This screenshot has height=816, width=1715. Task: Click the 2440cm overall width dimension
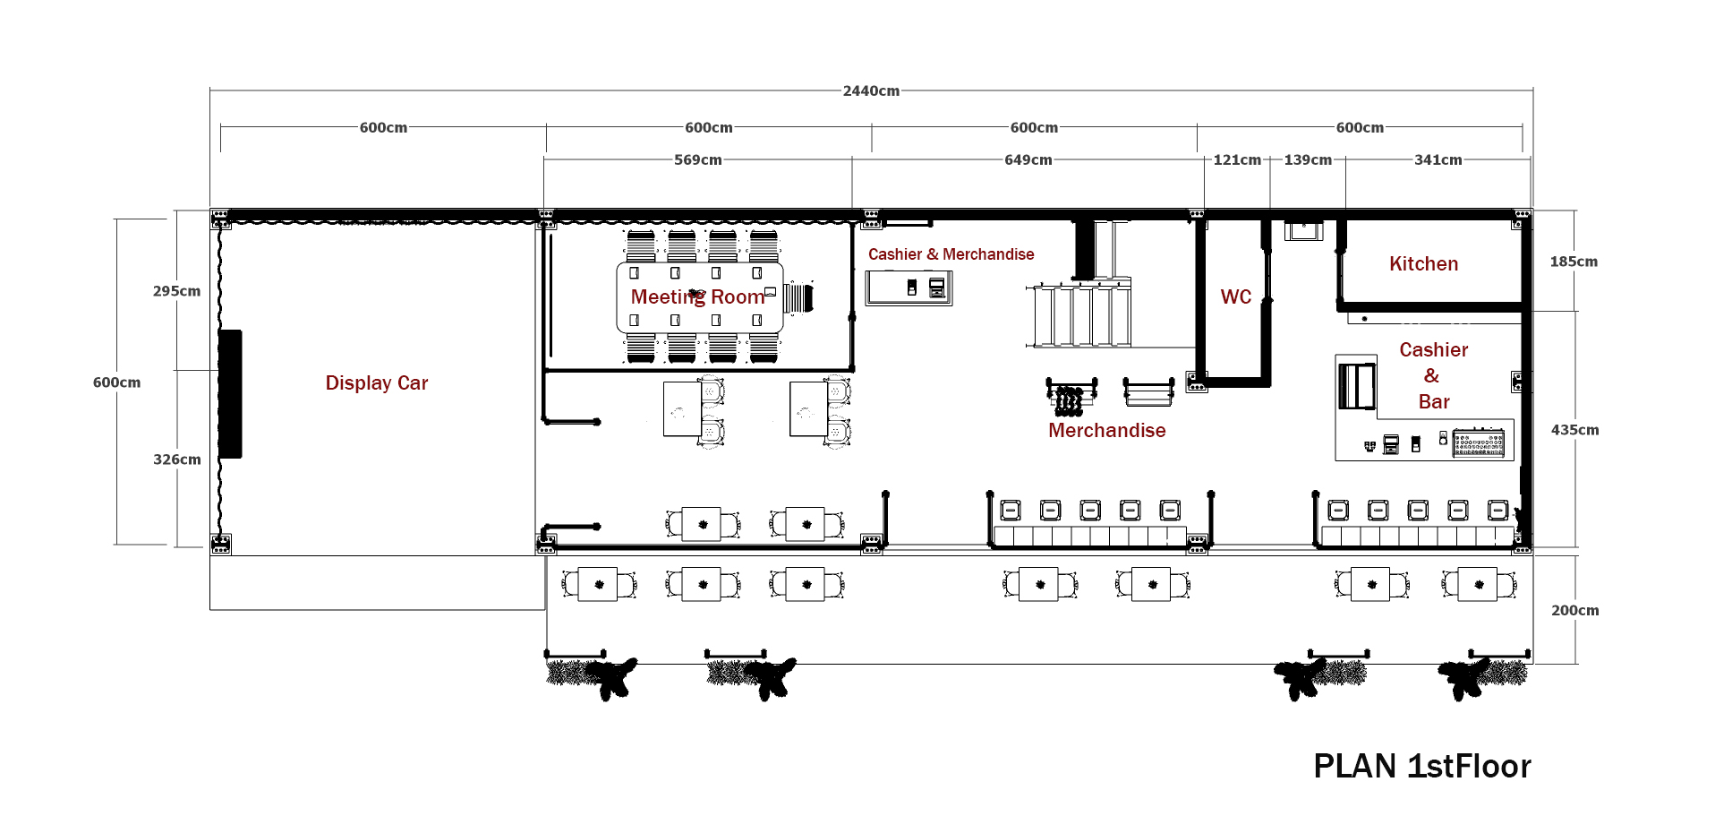[871, 91]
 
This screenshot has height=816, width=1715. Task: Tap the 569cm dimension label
[697, 160]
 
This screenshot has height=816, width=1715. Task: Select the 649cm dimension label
[1028, 160]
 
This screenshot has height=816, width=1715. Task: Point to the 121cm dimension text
[1236, 160]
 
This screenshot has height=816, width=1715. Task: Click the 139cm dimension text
[1307, 160]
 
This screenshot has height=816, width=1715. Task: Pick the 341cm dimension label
[1438, 160]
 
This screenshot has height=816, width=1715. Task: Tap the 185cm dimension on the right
[1573, 262]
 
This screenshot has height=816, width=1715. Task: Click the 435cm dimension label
[1574, 430]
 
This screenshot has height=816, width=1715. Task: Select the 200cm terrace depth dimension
[1574, 611]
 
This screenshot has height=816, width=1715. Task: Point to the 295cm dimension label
[176, 291]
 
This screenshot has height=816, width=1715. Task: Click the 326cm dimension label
[176, 460]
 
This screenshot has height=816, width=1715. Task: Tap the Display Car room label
[376, 383]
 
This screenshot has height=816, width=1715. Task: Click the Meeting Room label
[697, 297]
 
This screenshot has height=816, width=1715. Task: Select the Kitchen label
[1423, 264]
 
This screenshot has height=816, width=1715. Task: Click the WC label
[1235, 297]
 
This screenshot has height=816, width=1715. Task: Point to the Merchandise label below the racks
[1106, 431]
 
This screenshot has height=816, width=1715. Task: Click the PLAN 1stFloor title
[1421, 767]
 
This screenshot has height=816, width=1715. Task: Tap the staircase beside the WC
[1079, 315]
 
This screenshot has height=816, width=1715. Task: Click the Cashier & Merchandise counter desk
[908, 288]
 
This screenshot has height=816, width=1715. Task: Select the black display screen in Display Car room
[230, 394]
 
